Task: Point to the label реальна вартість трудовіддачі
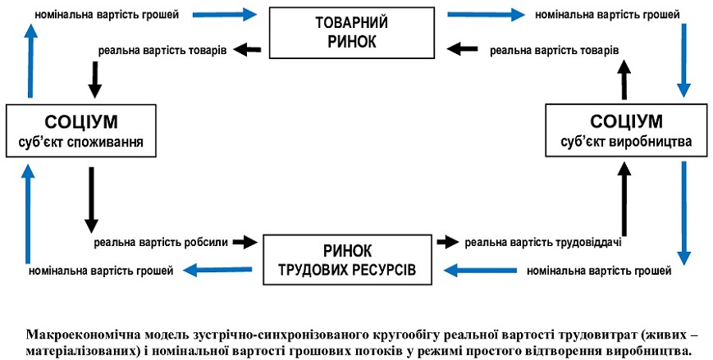click(542, 242)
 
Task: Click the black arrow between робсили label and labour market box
click(244, 242)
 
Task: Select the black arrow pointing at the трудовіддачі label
click(446, 242)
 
